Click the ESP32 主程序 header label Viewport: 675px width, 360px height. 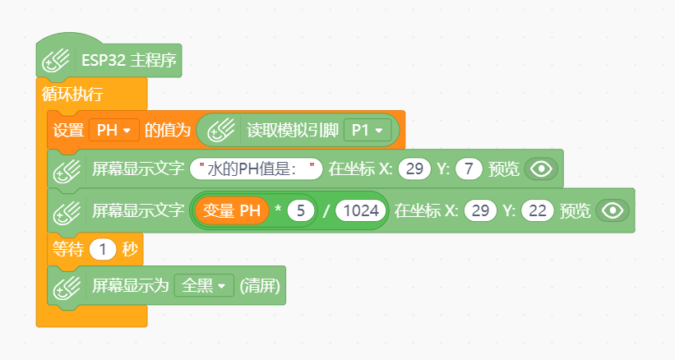129,60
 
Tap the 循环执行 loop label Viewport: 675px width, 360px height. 72,94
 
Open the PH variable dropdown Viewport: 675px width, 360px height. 114,130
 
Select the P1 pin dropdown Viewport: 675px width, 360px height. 368,130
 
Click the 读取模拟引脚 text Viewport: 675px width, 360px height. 293,130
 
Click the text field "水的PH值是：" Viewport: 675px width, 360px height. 257,168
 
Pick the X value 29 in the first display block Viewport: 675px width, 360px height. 414,168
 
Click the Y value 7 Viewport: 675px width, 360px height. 469,168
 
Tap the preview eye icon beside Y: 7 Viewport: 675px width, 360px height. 541,168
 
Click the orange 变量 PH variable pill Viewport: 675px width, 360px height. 232,210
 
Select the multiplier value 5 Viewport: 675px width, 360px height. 300,210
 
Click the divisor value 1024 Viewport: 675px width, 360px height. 361,210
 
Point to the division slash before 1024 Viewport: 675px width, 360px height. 326,210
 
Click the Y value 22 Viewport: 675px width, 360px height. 537,210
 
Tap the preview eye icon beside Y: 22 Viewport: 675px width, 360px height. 613,210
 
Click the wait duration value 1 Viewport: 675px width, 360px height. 103,250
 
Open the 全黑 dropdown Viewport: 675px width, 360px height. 204,285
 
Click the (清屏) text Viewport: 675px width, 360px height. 260,285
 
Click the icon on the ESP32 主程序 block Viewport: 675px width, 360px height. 56,61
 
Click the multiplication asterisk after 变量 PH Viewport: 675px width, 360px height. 278,210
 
